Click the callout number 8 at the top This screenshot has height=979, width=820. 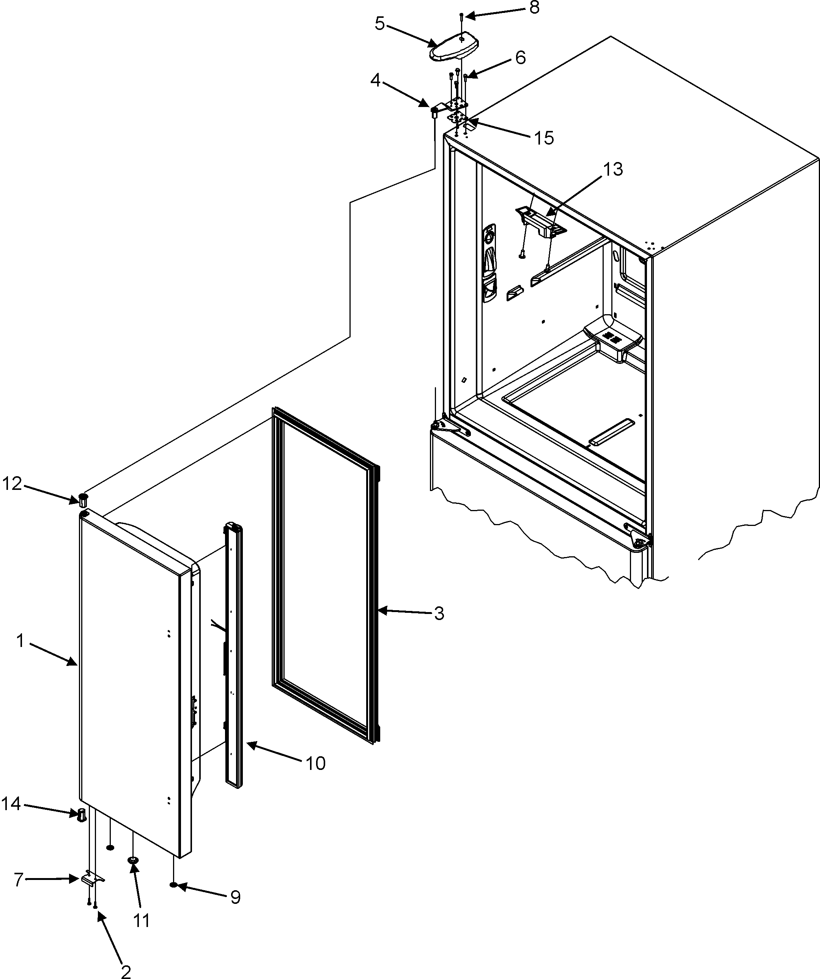[534, 8]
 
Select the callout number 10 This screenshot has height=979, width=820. [315, 763]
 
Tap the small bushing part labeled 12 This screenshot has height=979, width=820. [83, 500]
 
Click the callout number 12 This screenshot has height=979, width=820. [12, 484]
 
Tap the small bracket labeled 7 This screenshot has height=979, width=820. [93, 879]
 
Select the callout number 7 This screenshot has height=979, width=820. [18, 879]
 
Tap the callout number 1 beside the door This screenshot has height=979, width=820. [20, 641]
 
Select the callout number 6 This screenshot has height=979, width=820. [520, 58]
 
